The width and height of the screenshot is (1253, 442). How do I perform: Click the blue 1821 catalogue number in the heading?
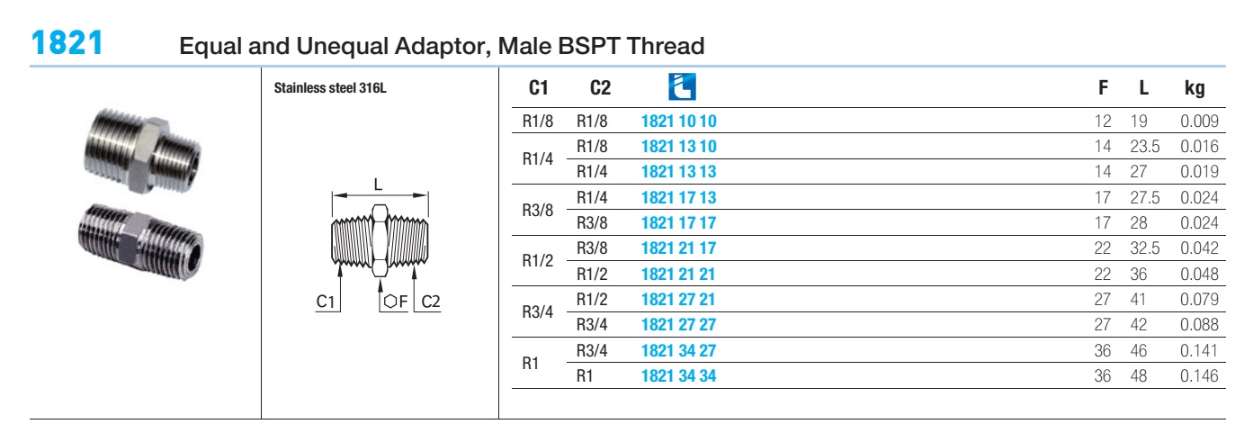(x=67, y=43)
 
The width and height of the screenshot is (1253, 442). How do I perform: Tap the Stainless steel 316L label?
(x=330, y=88)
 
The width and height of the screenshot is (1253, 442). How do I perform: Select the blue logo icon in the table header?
(x=682, y=86)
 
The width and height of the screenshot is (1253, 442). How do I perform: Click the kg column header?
(x=1195, y=88)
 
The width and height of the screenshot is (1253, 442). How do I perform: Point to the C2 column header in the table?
(x=600, y=88)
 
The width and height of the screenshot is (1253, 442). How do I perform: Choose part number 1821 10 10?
(x=678, y=121)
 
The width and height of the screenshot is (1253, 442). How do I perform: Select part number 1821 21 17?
(x=678, y=248)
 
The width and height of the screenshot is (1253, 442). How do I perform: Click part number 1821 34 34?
(x=678, y=376)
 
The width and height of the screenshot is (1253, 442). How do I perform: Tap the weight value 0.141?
(x=1199, y=351)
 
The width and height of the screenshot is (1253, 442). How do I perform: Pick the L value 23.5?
(x=1144, y=147)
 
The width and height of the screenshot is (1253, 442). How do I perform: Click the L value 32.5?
(x=1144, y=248)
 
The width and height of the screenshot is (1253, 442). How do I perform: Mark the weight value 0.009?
(x=1199, y=121)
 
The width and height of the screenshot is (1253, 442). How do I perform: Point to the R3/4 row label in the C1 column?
(x=538, y=311)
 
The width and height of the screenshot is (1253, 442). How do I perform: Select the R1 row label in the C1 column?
(x=531, y=363)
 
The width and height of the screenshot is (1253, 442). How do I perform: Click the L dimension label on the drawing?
(x=378, y=185)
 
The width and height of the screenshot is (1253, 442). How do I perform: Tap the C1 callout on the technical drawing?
(x=326, y=302)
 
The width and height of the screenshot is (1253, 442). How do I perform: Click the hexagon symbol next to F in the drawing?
(x=390, y=302)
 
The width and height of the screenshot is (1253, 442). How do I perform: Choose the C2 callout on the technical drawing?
(x=431, y=302)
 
